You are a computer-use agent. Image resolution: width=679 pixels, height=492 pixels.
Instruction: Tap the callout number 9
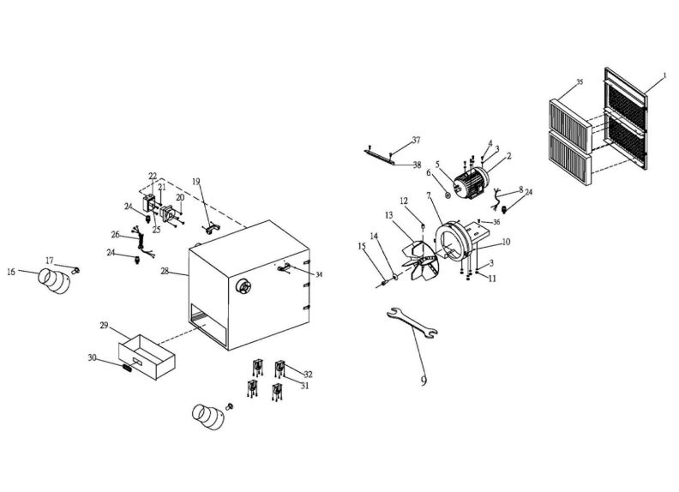pos(424,378)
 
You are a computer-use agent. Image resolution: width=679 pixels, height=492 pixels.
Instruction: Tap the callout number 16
pos(11,272)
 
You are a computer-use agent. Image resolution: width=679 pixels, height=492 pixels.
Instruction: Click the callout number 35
pos(579,82)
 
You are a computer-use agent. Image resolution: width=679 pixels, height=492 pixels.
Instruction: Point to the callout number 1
pos(663,76)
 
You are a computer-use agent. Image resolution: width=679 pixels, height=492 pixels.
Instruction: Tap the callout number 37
pos(416,139)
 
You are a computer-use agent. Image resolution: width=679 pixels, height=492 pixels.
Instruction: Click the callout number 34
pos(319,274)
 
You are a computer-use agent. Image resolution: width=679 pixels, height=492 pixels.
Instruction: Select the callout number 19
pos(195,182)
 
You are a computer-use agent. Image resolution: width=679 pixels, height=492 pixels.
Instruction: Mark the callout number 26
pos(115,234)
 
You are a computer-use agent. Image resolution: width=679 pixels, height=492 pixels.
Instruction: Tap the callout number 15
pos(362,246)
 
